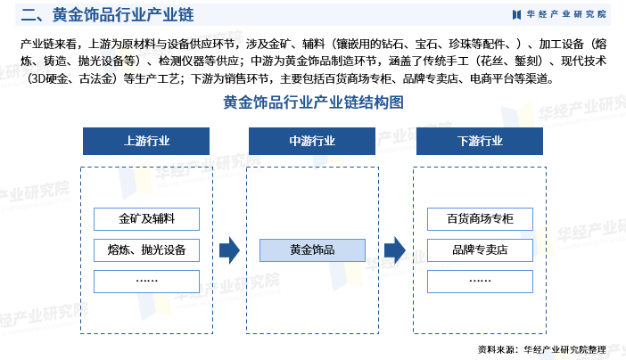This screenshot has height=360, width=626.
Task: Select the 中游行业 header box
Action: coord(312,141)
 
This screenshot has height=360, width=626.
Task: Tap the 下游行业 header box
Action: coord(480,141)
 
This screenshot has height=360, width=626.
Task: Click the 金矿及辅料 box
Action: coord(146,218)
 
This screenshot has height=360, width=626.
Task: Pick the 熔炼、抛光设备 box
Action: coord(146,250)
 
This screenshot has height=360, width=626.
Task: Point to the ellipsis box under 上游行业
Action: coord(146,281)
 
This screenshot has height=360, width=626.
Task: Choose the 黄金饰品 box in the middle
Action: coord(312,250)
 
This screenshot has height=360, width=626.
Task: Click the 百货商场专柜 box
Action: coord(479,218)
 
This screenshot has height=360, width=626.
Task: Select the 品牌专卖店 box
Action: coord(479,250)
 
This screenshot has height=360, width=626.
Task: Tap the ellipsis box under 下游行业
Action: coord(479,281)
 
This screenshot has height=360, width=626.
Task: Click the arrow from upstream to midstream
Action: coord(229,250)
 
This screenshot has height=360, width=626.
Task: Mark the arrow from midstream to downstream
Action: coord(395,250)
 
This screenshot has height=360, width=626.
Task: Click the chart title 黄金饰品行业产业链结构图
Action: coord(313,103)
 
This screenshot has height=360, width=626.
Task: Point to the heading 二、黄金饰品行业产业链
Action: coord(106,15)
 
